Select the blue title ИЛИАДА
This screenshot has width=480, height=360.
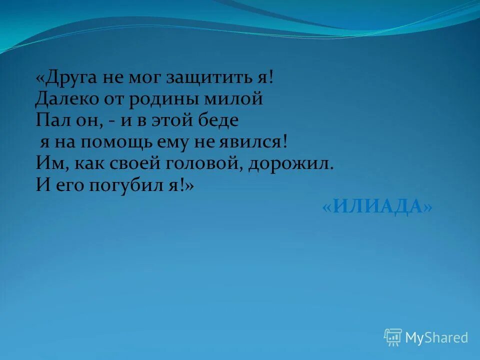pyautogui.click(x=377, y=206)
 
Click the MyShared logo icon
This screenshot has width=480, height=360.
pyautogui.click(x=393, y=337)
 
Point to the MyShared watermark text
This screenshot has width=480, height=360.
pyautogui.click(x=436, y=338)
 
